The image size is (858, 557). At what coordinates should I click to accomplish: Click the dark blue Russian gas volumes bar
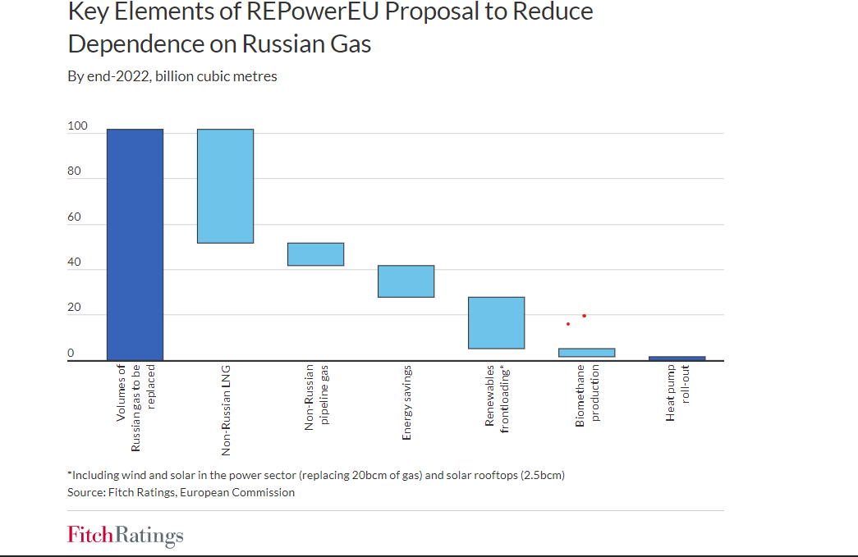(135, 244)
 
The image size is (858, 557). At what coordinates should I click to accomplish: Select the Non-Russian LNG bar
(225, 186)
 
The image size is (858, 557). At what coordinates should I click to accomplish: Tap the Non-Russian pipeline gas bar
(315, 254)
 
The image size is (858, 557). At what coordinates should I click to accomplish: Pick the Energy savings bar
(406, 281)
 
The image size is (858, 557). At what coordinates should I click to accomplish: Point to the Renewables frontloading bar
(496, 322)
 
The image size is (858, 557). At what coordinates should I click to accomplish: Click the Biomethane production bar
(586, 353)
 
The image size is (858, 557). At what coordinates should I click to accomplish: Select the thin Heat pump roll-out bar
(677, 358)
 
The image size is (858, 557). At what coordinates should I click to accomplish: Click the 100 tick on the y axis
(77, 126)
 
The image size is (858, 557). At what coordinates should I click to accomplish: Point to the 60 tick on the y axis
(75, 217)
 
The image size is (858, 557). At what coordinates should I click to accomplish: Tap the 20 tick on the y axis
(75, 308)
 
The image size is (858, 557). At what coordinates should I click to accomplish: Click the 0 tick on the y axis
(71, 354)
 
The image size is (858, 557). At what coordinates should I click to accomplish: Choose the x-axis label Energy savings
(406, 403)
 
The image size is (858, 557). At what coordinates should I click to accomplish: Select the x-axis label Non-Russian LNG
(226, 409)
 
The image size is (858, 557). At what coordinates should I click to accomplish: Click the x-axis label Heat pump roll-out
(677, 393)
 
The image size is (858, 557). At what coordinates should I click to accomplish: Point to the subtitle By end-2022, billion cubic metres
(172, 76)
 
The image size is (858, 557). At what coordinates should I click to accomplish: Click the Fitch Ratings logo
(126, 536)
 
